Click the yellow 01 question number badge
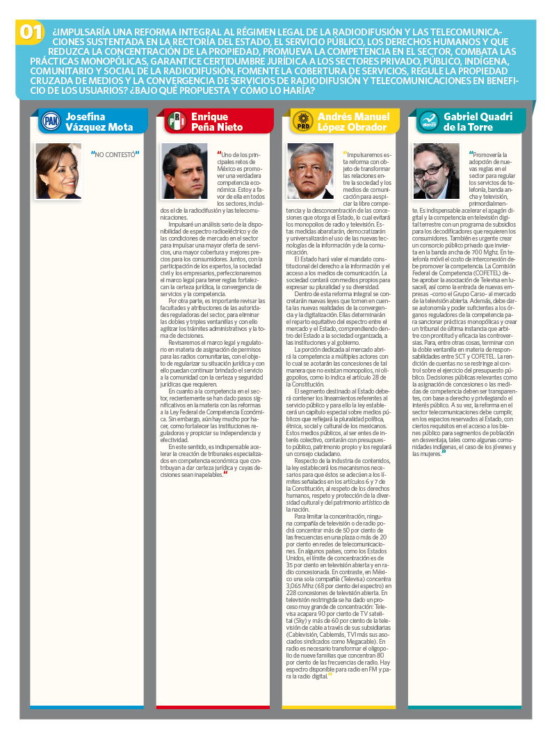point(32,33)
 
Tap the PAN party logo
point(51,122)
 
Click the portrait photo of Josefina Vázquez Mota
point(58,170)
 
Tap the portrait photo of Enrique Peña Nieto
point(185,170)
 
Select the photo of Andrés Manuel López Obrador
point(311,170)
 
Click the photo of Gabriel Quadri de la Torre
point(437,170)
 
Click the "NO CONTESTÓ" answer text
point(115,154)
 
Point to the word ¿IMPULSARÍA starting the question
point(81,32)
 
